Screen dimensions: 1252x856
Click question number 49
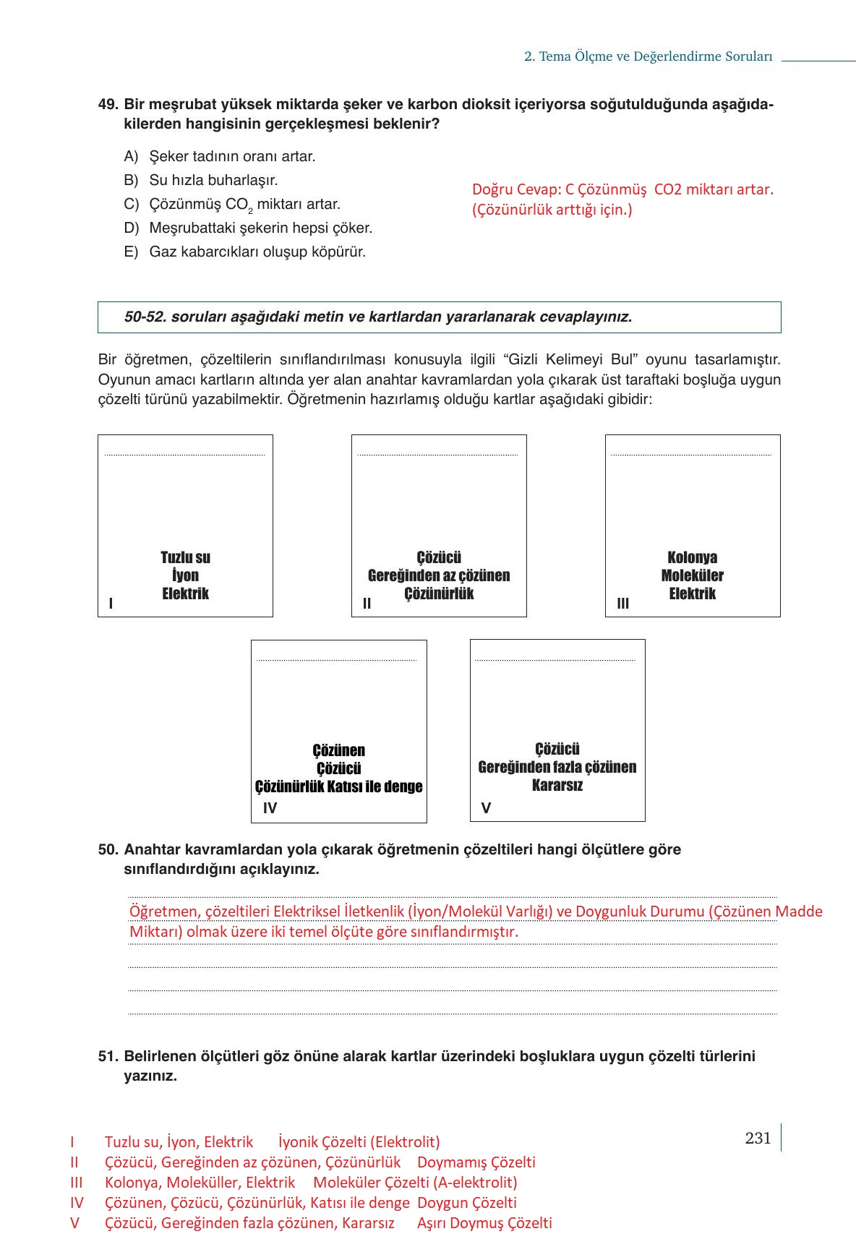point(108,105)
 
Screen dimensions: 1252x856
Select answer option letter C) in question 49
point(131,205)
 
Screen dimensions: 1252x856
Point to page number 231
point(758,1138)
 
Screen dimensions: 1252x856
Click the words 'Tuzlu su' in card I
point(185,557)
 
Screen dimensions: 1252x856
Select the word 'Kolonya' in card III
point(692,557)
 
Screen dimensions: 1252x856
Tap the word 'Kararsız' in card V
point(557,785)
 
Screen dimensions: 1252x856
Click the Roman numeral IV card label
point(270,808)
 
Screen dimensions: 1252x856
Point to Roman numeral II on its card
point(367,604)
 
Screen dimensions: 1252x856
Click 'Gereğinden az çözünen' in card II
point(439,575)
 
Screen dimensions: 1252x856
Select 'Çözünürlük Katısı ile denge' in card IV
point(338,786)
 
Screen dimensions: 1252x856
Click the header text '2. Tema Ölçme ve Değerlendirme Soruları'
point(648,56)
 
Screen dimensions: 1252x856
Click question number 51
point(108,1056)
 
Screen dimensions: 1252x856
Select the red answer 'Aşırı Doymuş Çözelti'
point(484,1223)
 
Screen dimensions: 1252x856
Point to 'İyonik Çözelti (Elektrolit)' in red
point(359,1142)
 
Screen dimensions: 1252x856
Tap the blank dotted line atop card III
point(692,454)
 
